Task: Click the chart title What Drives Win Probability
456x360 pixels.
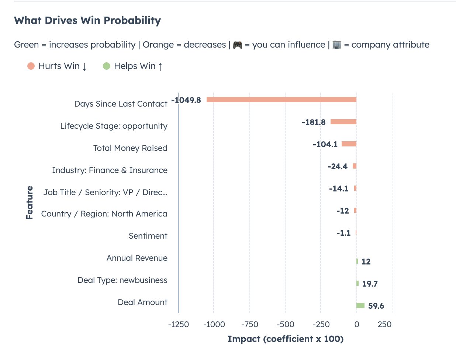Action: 87,20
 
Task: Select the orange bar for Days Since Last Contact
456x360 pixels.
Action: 281,100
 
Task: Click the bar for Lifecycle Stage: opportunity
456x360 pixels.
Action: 343,122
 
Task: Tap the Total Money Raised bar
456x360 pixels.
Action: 349,144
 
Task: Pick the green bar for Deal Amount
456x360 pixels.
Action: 360,305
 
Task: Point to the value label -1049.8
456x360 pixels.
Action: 186,100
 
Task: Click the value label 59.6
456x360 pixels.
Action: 376,306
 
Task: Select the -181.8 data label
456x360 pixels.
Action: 314,122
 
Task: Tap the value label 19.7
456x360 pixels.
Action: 370,284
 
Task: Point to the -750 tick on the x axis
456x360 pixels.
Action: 250,325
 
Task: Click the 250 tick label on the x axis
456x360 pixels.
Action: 384,325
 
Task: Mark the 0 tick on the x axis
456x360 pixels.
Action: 356,325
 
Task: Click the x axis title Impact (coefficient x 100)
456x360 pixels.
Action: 285,339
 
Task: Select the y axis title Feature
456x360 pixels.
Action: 30,203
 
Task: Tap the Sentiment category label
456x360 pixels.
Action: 148,236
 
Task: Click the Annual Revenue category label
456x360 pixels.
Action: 137,258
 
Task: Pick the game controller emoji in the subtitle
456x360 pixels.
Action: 238,45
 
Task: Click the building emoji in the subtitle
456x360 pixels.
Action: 336,45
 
